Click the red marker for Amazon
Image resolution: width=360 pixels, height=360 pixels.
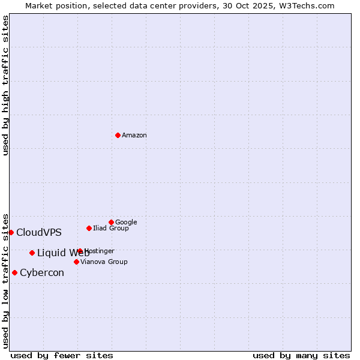click(118, 135)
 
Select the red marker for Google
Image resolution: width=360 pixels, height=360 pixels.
click(111, 222)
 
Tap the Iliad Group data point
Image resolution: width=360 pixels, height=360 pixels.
click(89, 228)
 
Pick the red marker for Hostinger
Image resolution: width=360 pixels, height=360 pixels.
click(80, 251)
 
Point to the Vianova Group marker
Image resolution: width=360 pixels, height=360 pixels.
click(76, 262)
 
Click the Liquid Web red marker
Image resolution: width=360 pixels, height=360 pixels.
click(32, 253)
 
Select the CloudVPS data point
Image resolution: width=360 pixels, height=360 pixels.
click(11, 232)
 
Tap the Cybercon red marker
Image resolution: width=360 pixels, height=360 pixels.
click(14, 272)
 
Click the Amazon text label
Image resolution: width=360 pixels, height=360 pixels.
click(134, 136)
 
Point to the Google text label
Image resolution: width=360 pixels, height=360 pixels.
click(126, 223)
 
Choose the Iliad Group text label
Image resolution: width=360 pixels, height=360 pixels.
click(111, 229)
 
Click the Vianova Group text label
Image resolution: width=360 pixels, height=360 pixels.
click(104, 262)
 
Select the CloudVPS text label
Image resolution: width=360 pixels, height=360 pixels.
click(39, 233)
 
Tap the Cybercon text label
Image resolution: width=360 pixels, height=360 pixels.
click(42, 273)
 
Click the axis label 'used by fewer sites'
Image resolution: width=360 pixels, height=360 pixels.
click(62, 355)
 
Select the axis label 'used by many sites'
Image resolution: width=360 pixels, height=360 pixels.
click(301, 355)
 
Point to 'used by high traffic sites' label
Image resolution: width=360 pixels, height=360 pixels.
click(5, 85)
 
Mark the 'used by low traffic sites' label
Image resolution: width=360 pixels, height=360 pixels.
click(5, 280)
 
